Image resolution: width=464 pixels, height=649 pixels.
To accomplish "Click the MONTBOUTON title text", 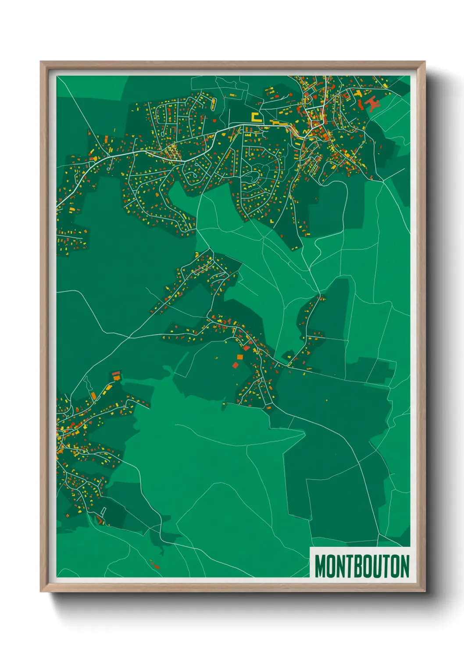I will click(x=362, y=566).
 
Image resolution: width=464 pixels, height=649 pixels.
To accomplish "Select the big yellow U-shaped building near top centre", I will click(x=255, y=117).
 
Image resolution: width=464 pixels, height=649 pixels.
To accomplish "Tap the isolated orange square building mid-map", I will click(x=246, y=348).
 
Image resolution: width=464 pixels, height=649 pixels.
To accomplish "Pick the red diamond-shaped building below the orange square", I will click(x=236, y=365).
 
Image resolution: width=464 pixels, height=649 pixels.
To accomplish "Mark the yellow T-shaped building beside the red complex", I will click(x=359, y=93).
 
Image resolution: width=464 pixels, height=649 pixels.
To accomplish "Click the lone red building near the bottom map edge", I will click(x=155, y=565).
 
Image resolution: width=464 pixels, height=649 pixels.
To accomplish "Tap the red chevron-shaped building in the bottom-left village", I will click(x=100, y=520).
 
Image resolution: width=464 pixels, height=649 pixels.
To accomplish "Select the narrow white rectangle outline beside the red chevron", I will click(x=104, y=510).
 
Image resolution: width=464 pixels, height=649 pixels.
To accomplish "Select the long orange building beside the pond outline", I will click(x=93, y=396).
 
